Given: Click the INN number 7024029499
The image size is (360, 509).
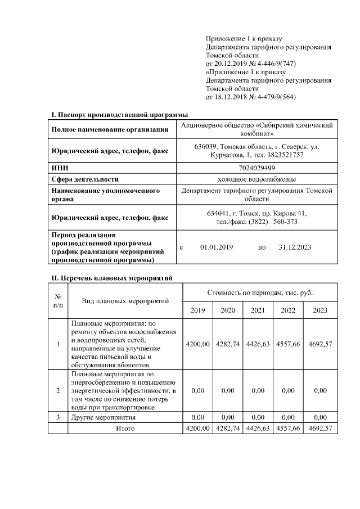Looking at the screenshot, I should pyautogui.click(x=256, y=168).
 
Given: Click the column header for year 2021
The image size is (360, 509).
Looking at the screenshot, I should pyautogui.click(x=258, y=310).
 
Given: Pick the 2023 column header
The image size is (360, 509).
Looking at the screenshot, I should pyautogui.click(x=320, y=310).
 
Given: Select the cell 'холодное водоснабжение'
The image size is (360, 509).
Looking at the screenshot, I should pyautogui.click(x=256, y=179).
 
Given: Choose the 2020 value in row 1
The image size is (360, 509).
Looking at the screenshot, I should pyautogui.click(x=228, y=344).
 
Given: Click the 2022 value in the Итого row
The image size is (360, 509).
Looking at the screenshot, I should pyautogui.click(x=288, y=428).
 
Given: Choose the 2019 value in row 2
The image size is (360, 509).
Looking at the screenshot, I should pyautogui.click(x=197, y=390).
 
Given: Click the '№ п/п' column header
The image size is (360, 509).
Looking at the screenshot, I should pyautogui.click(x=57, y=301).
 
